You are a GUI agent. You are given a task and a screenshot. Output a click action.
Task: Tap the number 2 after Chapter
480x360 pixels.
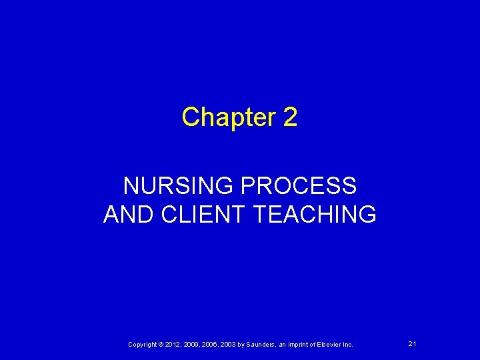290,117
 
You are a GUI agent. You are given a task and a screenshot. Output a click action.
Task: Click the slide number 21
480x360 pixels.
412,343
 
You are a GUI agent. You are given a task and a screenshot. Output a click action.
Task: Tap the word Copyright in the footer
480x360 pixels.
142,344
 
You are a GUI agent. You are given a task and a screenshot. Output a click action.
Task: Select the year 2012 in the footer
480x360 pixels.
172,344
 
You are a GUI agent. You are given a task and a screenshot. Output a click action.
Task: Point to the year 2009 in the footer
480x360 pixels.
191,344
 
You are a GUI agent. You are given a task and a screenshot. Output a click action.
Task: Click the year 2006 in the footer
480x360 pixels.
209,344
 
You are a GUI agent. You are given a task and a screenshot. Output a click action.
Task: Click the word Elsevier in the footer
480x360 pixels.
330,344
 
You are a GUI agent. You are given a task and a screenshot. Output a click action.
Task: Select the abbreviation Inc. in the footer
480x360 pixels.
349,344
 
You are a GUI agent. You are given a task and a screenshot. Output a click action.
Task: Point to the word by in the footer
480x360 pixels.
241,344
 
